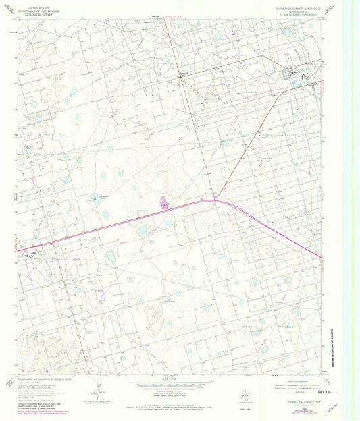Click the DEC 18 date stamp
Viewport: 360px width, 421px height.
pyautogui.click(x=306, y=390)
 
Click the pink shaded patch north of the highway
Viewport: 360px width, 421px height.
pyautogui.click(x=163, y=202)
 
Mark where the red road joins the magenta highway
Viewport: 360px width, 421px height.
pyautogui.click(x=215, y=200)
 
